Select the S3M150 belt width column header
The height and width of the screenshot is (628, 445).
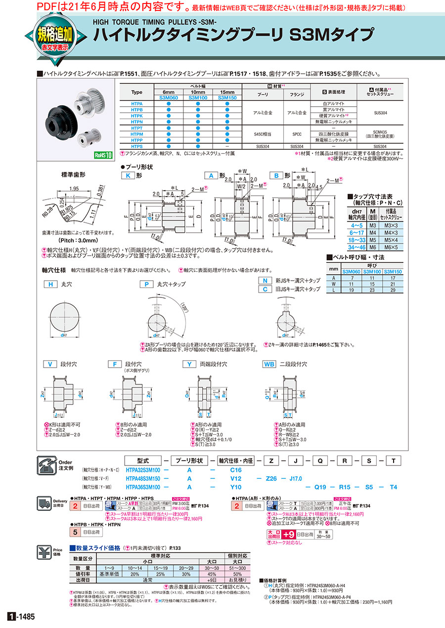point(226,98)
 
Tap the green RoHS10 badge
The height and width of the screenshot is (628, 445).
point(103,154)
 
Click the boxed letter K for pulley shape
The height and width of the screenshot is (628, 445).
point(128,175)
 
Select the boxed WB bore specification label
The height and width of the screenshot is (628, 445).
point(269,364)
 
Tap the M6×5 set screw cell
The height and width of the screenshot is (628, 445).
point(393,246)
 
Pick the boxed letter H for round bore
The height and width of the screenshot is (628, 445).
point(50,285)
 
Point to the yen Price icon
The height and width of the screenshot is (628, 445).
point(47,551)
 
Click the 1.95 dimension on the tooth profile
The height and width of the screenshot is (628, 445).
point(75,188)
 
